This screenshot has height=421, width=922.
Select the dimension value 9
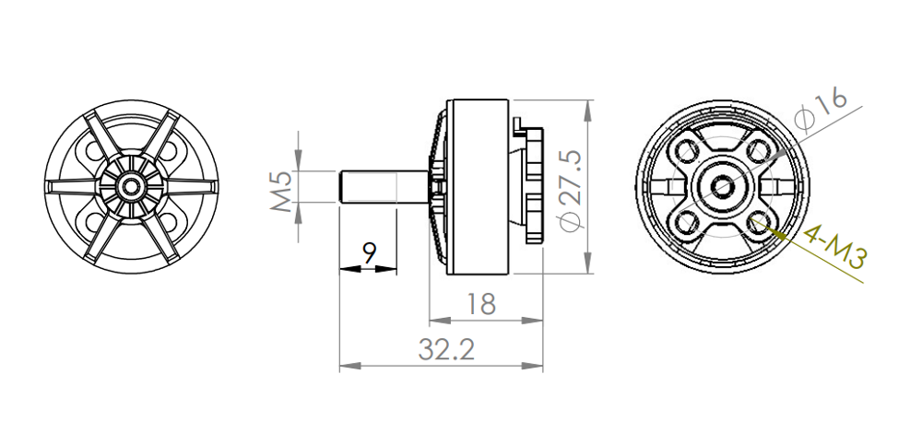coord(369,252)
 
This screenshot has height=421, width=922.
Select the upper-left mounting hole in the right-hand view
coord(688,150)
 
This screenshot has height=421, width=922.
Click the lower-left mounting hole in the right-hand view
coord(688,221)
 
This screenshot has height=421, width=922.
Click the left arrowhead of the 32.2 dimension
coord(346,367)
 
